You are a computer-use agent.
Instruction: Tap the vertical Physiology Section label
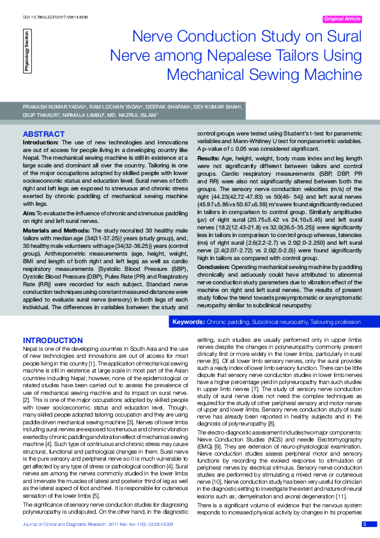click(26, 54)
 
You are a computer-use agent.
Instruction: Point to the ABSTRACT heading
click(43, 134)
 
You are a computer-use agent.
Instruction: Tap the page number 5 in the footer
click(364, 524)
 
